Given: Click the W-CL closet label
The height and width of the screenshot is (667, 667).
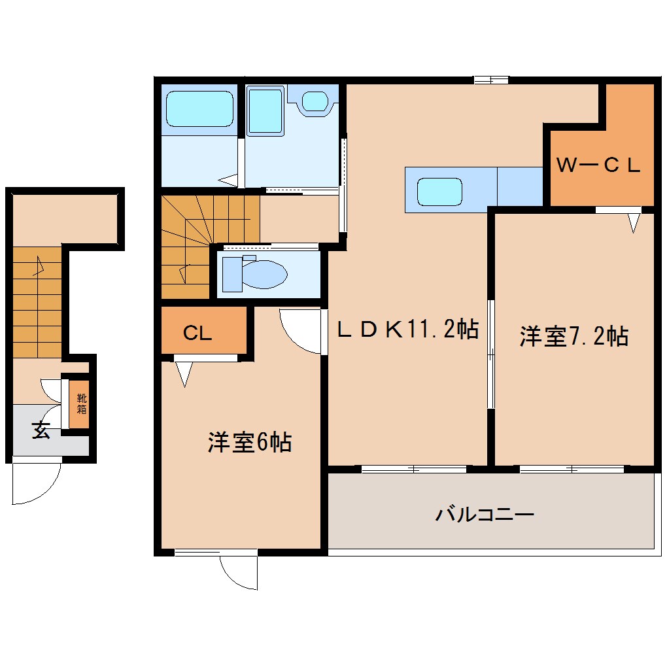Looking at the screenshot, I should pyautogui.click(x=598, y=165).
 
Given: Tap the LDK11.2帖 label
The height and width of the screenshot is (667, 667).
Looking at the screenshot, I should pyautogui.click(x=407, y=330).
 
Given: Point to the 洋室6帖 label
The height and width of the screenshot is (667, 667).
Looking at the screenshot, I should pyautogui.click(x=249, y=443).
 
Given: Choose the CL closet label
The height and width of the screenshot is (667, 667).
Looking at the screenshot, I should pyautogui.click(x=197, y=334).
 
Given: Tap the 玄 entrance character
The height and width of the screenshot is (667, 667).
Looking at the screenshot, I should pyautogui.click(x=41, y=432).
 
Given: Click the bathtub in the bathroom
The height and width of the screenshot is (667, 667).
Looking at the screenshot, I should pyautogui.click(x=199, y=109).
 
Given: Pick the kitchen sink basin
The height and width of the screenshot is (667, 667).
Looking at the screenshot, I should pyautogui.click(x=440, y=191).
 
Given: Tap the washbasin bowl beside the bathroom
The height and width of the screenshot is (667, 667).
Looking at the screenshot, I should pyautogui.click(x=315, y=101).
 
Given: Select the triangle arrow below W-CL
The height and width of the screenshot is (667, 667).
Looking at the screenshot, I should pyautogui.click(x=633, y=223).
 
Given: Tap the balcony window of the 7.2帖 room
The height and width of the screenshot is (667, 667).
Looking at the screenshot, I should pyautogui.click(x=572, y=469).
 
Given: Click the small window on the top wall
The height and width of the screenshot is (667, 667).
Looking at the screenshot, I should pyautogui.click(x=491, y=80).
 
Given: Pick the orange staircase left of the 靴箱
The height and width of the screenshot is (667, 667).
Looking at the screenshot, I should pyautogui.click(x=37, y=302).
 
